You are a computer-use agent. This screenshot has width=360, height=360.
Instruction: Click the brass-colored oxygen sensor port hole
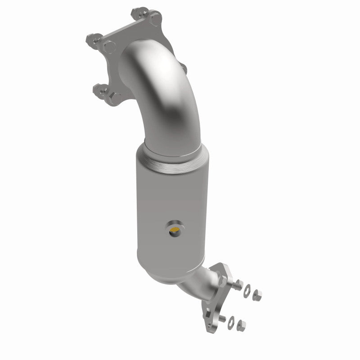pyautogui.click(x=175, y=232)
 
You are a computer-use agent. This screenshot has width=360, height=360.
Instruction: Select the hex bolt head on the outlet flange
pyautogui.click(x=222, y=280)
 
